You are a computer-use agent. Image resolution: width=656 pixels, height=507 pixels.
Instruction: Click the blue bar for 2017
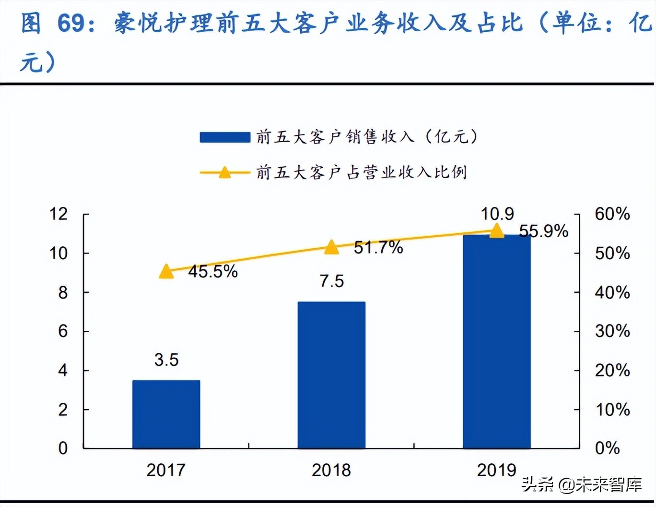tap(166, 414)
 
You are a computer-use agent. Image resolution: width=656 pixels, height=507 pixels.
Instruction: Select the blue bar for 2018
tap(331, 374)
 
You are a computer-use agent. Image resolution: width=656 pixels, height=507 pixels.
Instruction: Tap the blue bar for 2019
tap(496, 341)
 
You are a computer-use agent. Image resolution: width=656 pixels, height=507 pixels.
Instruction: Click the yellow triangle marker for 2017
tap(166, 272)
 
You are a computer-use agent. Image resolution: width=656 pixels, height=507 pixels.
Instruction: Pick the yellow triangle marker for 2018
tap(331, 247)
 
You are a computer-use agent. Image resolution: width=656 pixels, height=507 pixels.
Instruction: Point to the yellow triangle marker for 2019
tap(497, 231)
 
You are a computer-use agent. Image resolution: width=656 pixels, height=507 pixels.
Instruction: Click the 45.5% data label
tap(213, 272)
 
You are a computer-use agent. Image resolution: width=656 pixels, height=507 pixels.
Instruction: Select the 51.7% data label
tap(378, 248)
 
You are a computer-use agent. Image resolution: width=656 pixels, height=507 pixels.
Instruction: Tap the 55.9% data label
tap(543, 231)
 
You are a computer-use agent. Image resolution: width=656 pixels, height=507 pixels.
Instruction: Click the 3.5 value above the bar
tap(166, 360)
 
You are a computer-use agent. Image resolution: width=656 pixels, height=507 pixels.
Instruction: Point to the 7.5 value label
tap(332, 281)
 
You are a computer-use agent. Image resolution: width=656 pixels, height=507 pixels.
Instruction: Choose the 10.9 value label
tap(497, 214)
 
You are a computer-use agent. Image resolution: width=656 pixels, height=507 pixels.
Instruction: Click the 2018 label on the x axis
tap(331, 470)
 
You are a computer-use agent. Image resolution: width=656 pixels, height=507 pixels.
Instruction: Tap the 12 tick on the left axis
tap(59, 214)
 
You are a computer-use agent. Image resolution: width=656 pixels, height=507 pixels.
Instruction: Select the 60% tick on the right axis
tap(612, 214)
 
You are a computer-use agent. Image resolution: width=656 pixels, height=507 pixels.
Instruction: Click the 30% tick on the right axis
tap(612, 331)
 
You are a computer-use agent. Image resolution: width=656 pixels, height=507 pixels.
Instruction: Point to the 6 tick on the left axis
tap(63, 331)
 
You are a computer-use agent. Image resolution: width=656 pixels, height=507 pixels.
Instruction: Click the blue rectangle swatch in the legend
tap(225, 137)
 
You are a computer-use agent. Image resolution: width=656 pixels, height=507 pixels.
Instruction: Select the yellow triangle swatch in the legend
tap(225, 172)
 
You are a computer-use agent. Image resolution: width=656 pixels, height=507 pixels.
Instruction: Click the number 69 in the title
tap(71, 23)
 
